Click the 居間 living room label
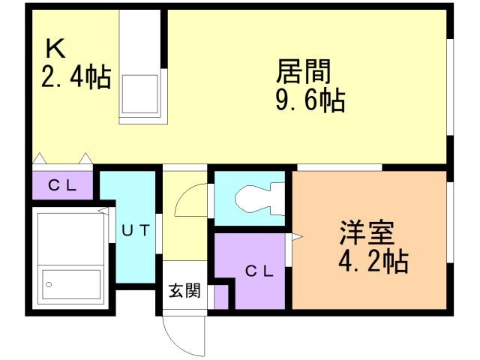tap(304, 72)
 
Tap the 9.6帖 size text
tap(310, 100)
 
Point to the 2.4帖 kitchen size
tap(75, 76)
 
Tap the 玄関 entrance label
tap(183, 290)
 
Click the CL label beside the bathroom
tap(62, 185)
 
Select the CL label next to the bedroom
tap(258, 272)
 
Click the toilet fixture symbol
tap(255, 199)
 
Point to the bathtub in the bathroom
tap(72, 283)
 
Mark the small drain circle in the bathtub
tap(49, 284)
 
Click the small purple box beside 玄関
tap(220, 295)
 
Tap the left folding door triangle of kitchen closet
tap(39, 158)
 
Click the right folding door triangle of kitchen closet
tap(86, 158)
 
